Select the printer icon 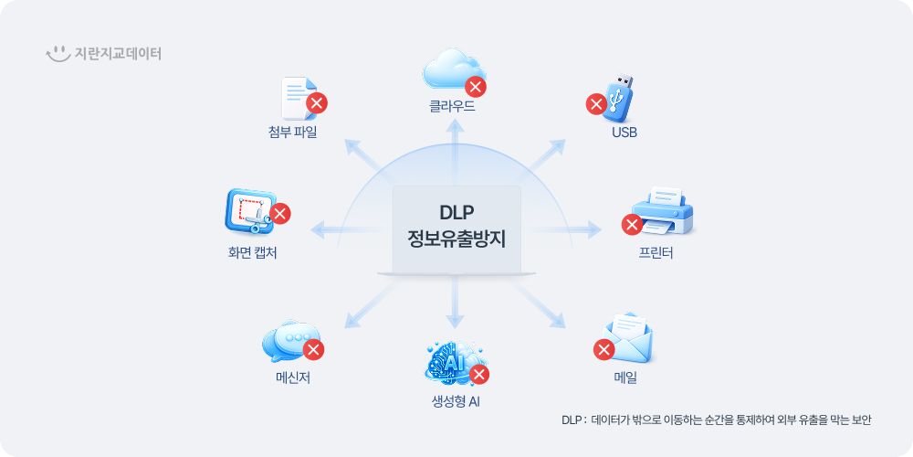click(x=665, y=212)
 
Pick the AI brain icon click(x=453, y=362)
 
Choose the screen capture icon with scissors click(x=249, y=213)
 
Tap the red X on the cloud click(x=476, y=87)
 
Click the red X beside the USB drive click(x=595, y=104)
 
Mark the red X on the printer click(x=631, y=224)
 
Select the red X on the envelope click(x=603, y=349)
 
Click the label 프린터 click(x=656, y=253)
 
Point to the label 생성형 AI click(x=456, y=401)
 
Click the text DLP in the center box click(x=456, y=212)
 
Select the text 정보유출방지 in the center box click(x=456, y=240)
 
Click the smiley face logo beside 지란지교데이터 click(x=58, y=54)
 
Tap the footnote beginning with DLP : click(x=716, y=420)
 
